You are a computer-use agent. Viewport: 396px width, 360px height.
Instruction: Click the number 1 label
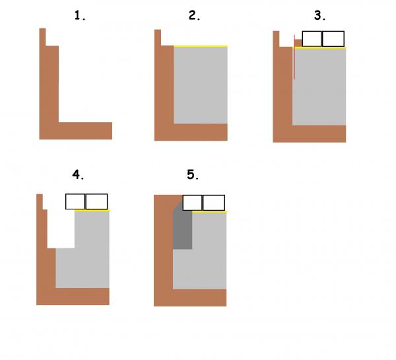pyautogui.click(x=80, y=15)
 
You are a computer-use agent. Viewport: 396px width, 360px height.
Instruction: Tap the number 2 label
pyautogui.click(x=194, y=15)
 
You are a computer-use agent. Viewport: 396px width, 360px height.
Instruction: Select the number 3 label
pyautogui.click(x=319, y=15)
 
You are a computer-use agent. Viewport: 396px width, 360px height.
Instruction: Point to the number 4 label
pyautogui.click(x=78, y=174)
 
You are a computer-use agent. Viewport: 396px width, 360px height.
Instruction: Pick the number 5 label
pyautogui.click(x=193, y=174)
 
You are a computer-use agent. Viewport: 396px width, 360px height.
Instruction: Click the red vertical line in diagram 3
pyautogui.click(x=294, y=57)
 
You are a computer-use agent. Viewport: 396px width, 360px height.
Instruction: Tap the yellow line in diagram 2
pyautogui.click(x=201, y=46)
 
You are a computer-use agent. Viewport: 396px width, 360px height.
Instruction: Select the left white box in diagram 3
pyautogui.click(x=312, y=39)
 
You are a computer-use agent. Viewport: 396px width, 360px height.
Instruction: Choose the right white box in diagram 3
pyautogui.click(x=333, y=39)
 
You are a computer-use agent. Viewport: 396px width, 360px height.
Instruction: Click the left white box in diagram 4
pyautogui.click(x=75, y=201)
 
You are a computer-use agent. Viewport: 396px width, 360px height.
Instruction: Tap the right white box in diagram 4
pyautogui.click(x=96, y=201)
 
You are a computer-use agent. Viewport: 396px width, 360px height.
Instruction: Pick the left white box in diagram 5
pyautogui.click(x=193, y=203)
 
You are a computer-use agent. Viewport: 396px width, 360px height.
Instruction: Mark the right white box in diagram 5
pyautogui.click(x=214, y=203)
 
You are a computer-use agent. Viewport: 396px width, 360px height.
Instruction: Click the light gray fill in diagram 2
pyautogui.click(x=201, y=85)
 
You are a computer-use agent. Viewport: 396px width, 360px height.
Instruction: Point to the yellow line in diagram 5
pyautogui.click(x=209, y=211)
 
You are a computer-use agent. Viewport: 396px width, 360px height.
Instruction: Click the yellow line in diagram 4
pyautogui.click(x=92, y=210)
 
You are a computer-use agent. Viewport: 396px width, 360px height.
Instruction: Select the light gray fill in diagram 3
pyautogui.click(x=319, y=87)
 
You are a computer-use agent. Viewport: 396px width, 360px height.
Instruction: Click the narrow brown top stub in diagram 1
pyautogui.click(x=42, y=37)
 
